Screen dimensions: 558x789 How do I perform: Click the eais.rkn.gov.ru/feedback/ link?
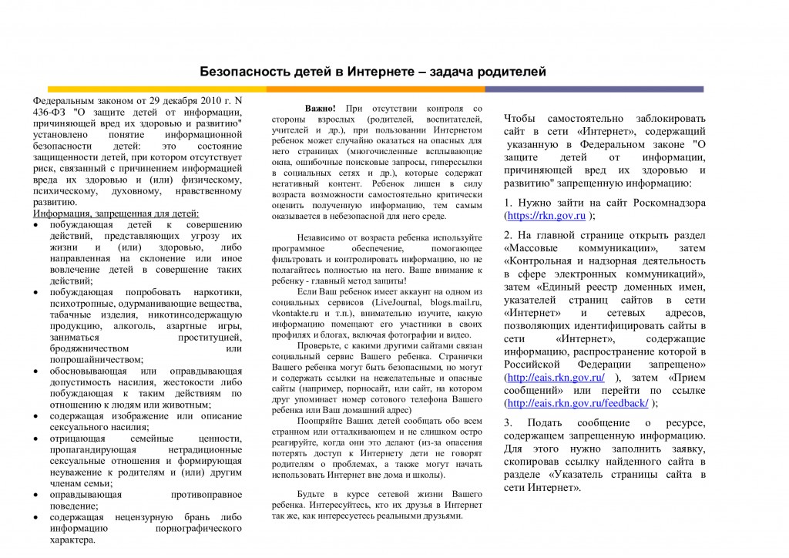(576, 403)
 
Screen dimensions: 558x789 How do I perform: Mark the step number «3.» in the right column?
(509, 423)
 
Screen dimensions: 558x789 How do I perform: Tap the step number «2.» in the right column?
(509, 235)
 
